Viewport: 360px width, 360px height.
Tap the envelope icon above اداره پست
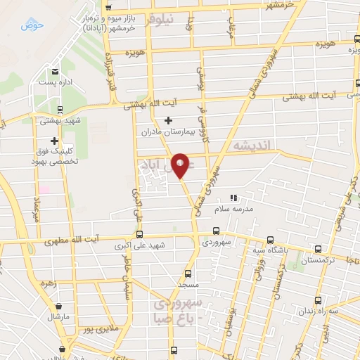pos(55,71)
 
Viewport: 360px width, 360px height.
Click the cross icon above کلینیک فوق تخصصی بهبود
pos(54,141)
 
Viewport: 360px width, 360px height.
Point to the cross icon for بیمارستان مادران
pos(168,121)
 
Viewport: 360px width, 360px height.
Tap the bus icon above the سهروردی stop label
pos(215,231)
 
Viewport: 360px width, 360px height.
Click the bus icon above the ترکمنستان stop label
pos(319,249)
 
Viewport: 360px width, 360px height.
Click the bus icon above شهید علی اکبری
pos(139,235)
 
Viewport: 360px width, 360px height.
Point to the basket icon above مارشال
pos(58,307)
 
